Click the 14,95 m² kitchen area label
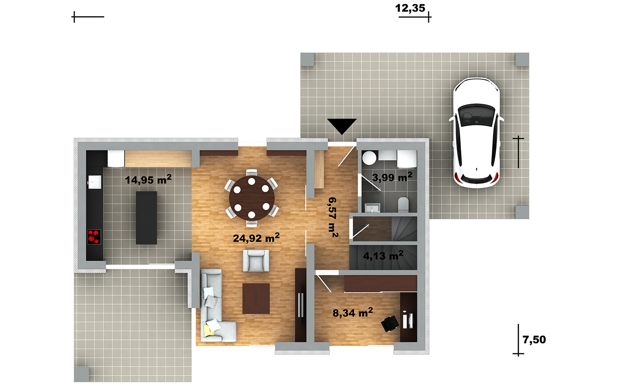(148, 180)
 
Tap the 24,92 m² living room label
(256, 238)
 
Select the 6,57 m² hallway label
(333, 217)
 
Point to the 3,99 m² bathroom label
(392, 177)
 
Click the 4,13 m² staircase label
(383, 255)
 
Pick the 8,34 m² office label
(353, 312)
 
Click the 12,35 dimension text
(410, 8)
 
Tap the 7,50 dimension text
(534, 340)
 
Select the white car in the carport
(476, 133)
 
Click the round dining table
(252, 198)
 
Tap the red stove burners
(94, 236)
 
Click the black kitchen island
(146, 218)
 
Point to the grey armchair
(256, 261)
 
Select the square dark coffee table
(256, 299)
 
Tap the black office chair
(390, 324)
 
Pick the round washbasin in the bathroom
(369, 158)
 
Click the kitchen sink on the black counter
(94, 182)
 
